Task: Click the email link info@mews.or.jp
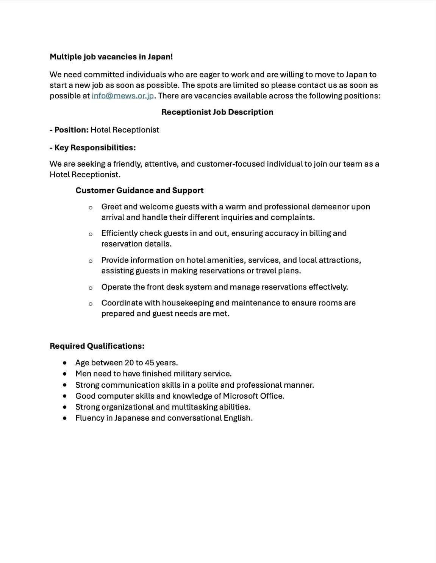click(x=122, y=96)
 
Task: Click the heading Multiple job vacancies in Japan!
click(x=111, y=57)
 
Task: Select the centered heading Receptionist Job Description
click(x=217, y=112)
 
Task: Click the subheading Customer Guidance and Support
click(x=139, y=190)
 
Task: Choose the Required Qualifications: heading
click(x=97, y=346)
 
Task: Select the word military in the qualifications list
click(x=188, y=374)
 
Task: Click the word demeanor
click(x=330, y=207)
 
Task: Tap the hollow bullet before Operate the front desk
click(x=91, y=288)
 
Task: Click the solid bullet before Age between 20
click(x=66, y=363)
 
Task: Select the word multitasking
click(x=194, y=407)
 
